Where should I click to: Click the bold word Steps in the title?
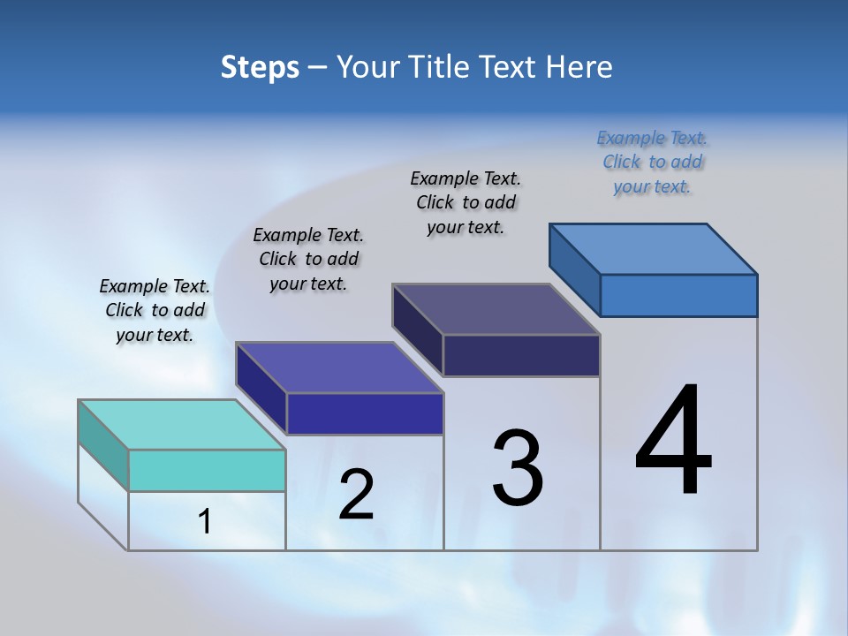tap(260, 67)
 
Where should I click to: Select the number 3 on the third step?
tap(518, 468)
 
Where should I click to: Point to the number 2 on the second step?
tap(357, 495)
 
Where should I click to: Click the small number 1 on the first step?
tap(205, 522)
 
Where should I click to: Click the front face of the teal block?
tap(207, 470)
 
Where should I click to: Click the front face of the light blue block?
tap(678, 295)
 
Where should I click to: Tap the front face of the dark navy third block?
tap(521, 355)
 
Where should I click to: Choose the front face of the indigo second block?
tap(364, 413)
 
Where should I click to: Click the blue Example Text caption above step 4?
tap(652, 162)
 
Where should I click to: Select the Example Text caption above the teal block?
tap(155, 310)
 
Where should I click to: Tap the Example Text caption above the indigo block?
tap(308, 259)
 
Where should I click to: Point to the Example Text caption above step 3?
tap(466, 202)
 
